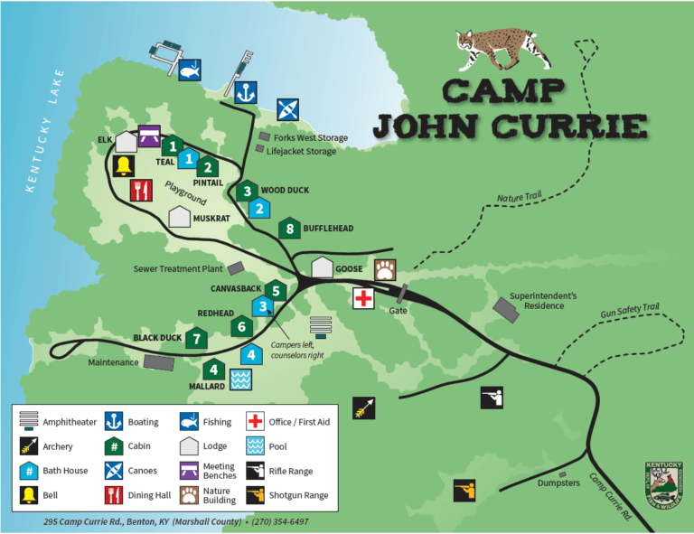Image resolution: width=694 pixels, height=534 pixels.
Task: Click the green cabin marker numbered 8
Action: [289, 229]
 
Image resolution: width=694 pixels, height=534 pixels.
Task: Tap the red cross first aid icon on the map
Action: [363, 298]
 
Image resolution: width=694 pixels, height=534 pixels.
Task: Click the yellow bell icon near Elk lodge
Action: [124, 165]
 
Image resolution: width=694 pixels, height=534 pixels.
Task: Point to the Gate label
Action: [399, 310]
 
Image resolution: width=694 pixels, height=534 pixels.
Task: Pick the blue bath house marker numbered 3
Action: [262, 306]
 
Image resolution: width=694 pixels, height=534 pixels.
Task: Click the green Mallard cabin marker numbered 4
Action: [213, 370]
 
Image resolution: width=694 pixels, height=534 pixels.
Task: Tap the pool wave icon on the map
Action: [240, 379]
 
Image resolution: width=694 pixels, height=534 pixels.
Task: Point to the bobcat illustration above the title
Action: [502, 50]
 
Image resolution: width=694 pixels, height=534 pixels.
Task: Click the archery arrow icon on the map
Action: [363, 408]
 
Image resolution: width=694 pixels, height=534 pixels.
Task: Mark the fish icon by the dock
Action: [190, 70]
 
